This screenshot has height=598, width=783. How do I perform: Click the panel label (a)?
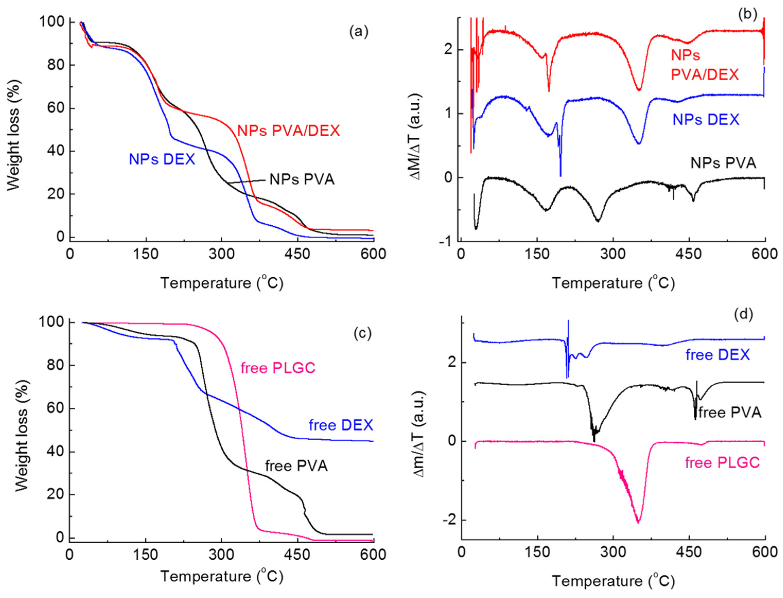[x=358, y=32]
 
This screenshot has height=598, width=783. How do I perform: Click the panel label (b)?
[x=747, y=15]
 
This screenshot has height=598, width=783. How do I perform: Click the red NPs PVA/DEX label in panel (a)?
[x=288, y=131]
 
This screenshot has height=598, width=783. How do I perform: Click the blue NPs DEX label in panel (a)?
[x=162, y=159]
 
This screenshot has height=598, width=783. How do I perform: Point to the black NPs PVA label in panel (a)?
[x=302, y=180]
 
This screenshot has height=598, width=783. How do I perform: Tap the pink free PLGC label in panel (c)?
[x=278, y=368]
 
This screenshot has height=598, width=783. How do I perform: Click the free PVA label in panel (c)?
[x=296, y=466]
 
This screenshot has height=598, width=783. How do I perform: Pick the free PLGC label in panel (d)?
[x=722, y=463]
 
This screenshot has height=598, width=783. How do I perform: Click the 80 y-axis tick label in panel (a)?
[x=56, y=65]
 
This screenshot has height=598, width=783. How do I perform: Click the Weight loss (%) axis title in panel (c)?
[x=22, y=436]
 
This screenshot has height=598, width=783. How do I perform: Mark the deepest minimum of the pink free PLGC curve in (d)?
[x=638, y=523]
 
